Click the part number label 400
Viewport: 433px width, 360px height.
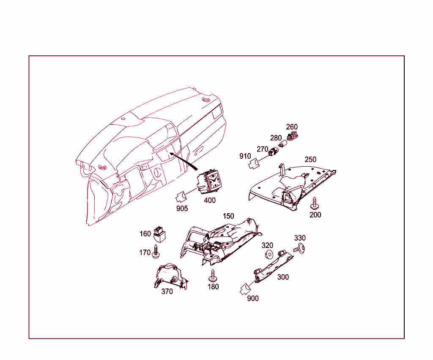coord(210,200)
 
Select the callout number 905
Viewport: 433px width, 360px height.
coord(182,208)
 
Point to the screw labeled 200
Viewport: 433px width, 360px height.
coord(314,203)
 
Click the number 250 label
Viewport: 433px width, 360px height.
coord(310,159)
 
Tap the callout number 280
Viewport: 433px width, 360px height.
coord(276,138)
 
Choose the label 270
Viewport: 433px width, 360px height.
coord(262,149)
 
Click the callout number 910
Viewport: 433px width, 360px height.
coord(245,156)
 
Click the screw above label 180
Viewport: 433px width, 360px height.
coord(213,276)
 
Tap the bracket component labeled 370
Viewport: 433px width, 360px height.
coord(171,276)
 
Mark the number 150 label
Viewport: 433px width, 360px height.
coord(228,216)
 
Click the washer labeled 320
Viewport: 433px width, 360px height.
coord(268,254)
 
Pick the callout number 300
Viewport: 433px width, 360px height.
coord(283,277)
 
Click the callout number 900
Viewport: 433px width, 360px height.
coord(253,299)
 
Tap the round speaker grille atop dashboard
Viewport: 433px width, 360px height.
coord(206,100)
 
